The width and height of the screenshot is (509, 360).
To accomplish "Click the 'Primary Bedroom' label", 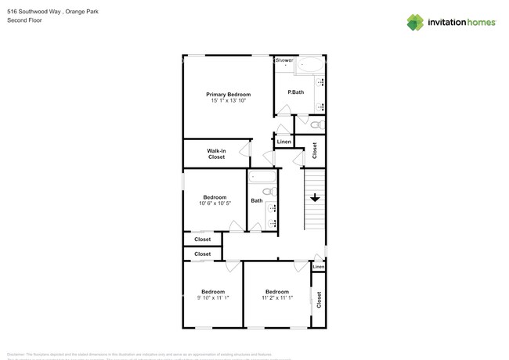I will click(228, 94).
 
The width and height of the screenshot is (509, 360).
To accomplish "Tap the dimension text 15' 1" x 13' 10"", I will click(228, 101).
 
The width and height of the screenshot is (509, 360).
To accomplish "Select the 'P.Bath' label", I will click(295, 93).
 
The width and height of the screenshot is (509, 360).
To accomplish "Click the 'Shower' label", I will click(283, 59).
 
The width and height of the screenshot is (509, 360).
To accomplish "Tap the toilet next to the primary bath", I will click(316, 124).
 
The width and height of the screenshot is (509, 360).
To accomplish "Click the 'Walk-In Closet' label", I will click(216, 153).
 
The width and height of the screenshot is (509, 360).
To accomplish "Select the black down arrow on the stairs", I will click(314, 199).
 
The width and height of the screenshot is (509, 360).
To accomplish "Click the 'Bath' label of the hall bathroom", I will click(256, 201).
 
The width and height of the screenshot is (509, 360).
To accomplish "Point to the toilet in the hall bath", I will click(266, 192).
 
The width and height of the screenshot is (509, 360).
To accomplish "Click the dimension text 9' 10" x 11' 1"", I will click(211, 297).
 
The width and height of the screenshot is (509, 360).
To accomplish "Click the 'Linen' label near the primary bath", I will click(283, 142).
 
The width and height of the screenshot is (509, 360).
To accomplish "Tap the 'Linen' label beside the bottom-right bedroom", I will click(318, 268).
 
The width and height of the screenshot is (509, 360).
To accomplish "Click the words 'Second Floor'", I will click(23, 20).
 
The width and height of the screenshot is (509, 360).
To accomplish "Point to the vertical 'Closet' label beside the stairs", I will click(315, 149).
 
